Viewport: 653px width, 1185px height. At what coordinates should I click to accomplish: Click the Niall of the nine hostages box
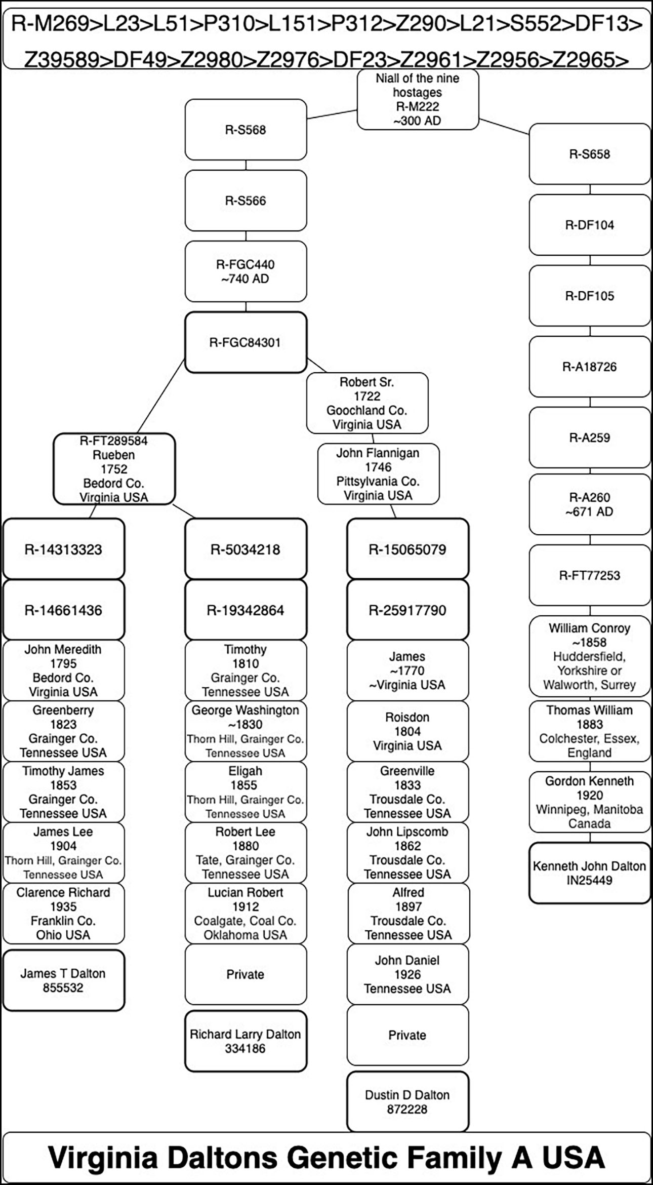(418, 99)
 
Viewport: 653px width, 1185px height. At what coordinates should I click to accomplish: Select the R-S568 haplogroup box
(246, 130)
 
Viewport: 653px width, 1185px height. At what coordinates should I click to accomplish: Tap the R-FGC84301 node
(246, 342)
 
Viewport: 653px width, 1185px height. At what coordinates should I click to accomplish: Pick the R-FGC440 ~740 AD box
(246, 271)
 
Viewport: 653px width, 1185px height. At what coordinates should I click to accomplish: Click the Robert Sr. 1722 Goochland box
(367, 403)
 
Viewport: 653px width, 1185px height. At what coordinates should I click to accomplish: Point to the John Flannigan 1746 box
(378, 474)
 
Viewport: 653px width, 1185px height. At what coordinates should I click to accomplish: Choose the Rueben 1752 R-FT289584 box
(114, 469)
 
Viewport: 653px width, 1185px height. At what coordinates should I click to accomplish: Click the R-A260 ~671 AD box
(590, 504)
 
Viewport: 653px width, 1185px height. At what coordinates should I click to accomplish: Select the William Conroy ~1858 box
(590, 656)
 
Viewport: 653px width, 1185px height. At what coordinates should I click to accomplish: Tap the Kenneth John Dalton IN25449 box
(590, 873)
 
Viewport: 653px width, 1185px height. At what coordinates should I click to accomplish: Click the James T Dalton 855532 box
(63, 980)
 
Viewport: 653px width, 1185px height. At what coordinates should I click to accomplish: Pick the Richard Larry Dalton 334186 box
(246, 1041)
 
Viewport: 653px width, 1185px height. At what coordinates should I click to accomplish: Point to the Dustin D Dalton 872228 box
(407, 1102)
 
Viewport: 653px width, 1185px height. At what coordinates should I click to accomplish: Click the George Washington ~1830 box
(246, 731)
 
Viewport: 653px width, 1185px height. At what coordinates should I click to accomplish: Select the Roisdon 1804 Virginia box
(407, 731)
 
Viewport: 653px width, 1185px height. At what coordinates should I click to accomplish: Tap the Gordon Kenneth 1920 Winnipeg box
(590, 802)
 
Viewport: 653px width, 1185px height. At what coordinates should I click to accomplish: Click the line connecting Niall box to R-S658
(504, 127)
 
